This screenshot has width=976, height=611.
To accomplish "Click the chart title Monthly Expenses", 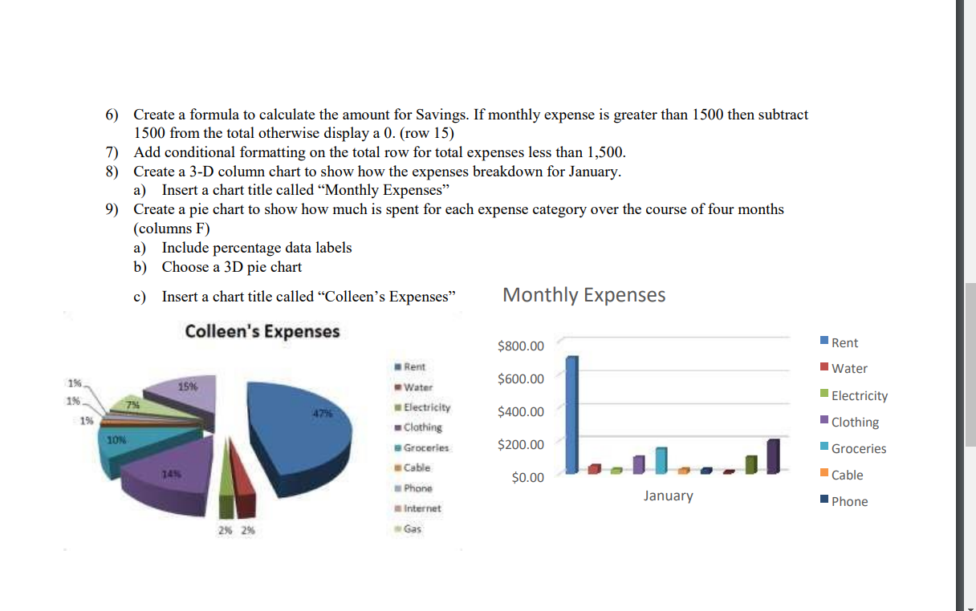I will tap(584, 295).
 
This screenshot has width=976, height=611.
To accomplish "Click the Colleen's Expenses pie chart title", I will tap(262, 331).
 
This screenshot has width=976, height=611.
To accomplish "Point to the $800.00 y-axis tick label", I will tap(520, 346).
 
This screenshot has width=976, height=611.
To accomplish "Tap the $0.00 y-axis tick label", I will tap(527, 478).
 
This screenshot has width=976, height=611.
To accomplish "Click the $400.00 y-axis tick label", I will tap(520, 412).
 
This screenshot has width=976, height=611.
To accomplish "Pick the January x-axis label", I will tap(668, 496).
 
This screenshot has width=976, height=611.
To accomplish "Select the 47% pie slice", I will tap(301, 425).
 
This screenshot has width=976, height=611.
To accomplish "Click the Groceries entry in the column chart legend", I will tap(858, 449).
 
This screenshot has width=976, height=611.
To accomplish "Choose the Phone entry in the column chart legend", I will tap(849, 502).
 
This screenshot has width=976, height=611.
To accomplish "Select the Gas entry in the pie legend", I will tap(412, 529).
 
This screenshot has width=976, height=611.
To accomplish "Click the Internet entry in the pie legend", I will tap(421, 508).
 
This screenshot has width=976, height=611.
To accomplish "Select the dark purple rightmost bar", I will tap(774, 455).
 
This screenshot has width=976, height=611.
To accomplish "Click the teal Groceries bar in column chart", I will tap(661, 459).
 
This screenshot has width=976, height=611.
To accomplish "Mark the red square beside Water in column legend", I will tap(823, 369).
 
